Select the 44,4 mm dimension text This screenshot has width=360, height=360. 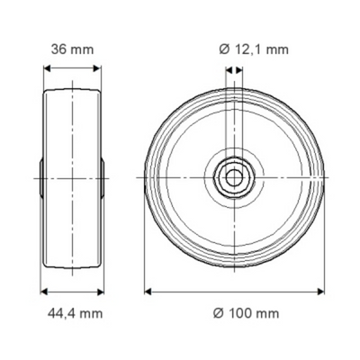[73, 313]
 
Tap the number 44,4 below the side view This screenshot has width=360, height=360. [62, 313]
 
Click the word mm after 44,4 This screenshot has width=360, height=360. [92, 313]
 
